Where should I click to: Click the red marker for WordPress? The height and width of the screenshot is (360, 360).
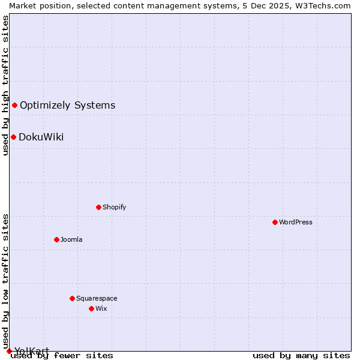click(275, 222)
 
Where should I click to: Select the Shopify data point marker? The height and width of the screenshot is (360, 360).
click(98, 207)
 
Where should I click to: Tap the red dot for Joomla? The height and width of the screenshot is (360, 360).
click(56, 239)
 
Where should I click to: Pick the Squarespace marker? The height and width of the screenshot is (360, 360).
click(72, 298)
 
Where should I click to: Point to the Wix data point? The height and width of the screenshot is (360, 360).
click(91, 308)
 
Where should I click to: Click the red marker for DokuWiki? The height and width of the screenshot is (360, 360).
click(13, 137)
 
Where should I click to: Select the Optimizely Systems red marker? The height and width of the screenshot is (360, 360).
click(14, 106)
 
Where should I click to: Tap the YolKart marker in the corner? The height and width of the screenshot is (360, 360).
click(9, 351)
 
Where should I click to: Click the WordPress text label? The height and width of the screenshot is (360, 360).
click(296, 222)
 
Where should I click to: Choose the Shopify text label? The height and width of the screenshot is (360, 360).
click(114, 207)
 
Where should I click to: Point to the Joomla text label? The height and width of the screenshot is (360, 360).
click(71, 239)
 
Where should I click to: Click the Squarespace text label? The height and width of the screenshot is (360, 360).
click(97, 298)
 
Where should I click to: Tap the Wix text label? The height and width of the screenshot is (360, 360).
click(101, 308)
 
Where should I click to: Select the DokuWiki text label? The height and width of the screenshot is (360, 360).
click(41, 137)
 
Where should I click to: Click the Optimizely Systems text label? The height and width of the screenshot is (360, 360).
click(67, 106)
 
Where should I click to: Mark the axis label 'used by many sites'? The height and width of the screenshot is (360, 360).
click(301, 356)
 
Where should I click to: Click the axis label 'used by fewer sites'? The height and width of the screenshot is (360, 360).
click(62, 356)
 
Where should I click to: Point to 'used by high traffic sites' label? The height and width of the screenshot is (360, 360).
click(5, 85)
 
